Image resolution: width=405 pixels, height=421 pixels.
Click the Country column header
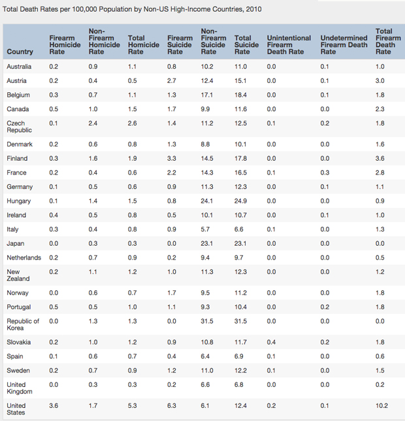pos(20,52)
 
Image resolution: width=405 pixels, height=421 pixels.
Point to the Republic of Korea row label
pos(23,324)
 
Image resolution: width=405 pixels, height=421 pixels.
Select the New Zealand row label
pos(18,275)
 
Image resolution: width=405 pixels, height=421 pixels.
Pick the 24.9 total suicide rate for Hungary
pos(240,201)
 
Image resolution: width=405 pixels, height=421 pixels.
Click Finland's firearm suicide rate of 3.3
pos(172,158)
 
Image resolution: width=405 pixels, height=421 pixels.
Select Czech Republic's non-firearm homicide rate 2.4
pos(93,123)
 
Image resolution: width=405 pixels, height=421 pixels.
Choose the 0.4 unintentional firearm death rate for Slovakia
pos(271,342)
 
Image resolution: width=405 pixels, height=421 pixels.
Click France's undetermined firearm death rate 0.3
pos(325,173)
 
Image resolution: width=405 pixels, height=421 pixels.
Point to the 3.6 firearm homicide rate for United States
pos(54,406)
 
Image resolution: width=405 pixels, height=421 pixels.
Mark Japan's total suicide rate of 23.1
pos(240,243)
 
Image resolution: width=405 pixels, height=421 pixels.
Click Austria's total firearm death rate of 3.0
pos(380,80)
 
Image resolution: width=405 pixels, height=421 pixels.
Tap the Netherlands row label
pos(24,258)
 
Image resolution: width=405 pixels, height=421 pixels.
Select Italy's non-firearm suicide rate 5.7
pos(206,229)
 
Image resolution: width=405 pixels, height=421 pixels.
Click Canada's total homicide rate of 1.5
pos(132,109)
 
